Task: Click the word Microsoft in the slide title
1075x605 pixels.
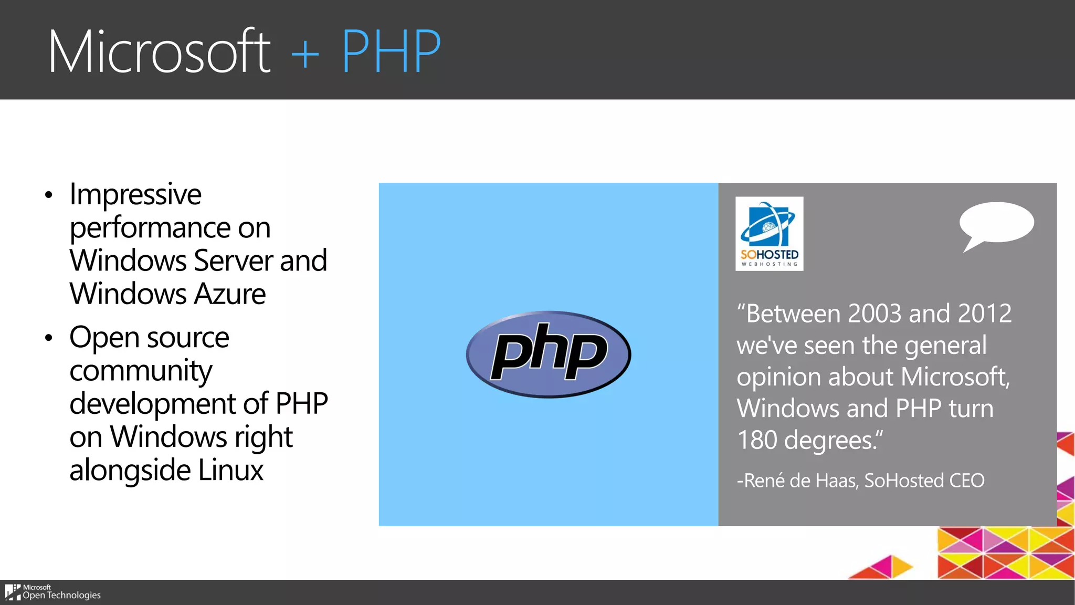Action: click(x=159, y=52)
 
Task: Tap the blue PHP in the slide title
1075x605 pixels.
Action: click(x=391, y=52)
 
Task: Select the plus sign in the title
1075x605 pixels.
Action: click(x=305, y=54)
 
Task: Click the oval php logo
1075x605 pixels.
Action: click(x=549, y=354)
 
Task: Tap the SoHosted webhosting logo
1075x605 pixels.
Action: click(x=769, y=234)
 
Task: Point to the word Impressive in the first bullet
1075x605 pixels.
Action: click(x=135, y=195)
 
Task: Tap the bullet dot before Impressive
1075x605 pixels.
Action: click(x=49, y=195)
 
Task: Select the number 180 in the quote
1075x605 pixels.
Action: click(x=756, y=440)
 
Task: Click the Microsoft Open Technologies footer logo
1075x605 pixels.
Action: click(x=52, y=592)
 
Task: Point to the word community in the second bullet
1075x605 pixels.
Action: click(x=141, y=372)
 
